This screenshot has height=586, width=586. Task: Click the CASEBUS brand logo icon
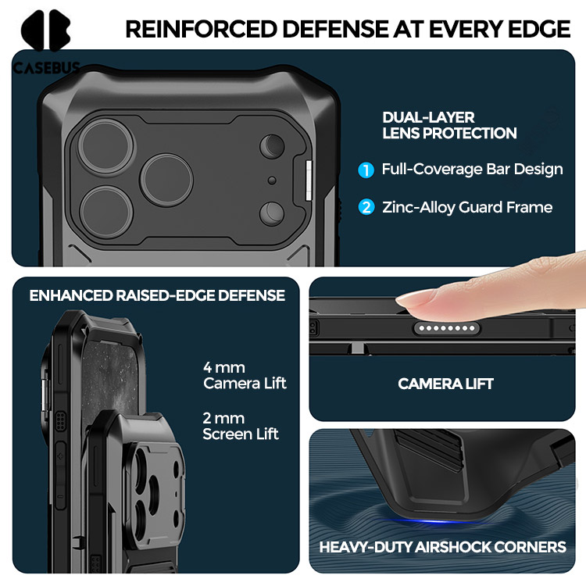coord(45,30)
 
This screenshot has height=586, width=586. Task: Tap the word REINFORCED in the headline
coord(201,29)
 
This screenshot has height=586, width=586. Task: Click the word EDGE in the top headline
coord(538,29)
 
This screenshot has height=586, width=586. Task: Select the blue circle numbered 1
coord(366,170)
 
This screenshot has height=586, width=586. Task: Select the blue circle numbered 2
coord(366,207)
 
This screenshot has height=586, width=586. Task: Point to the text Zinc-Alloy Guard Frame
coord(467,207)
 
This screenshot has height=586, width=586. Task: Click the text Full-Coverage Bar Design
coord(473,170)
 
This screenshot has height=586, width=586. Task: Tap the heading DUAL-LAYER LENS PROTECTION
coord(449,126)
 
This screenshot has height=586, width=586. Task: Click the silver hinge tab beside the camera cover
coord(309,180)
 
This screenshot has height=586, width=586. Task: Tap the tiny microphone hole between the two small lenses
coord(272,180)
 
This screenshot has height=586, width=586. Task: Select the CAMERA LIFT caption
coord(446,384)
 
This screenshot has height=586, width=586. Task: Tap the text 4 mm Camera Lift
coord(245,376)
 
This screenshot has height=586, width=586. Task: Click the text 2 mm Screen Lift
coord(241,427)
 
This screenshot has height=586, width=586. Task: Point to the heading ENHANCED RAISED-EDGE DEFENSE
coord(157,295)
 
